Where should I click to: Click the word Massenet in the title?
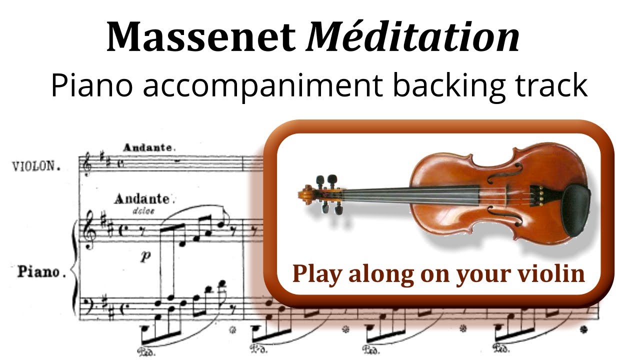(x=200, y=37)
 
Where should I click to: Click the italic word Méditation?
(x=413, y=37)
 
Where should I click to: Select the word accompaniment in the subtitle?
(x=262, y=86)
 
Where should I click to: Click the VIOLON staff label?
(x=36, y=166)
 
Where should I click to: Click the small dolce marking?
(x=144, y=211)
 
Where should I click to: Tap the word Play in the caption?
(x=318, y=273)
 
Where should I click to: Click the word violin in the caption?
(x=555, y=273)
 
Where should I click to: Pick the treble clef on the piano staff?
(x=89, y=230)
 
